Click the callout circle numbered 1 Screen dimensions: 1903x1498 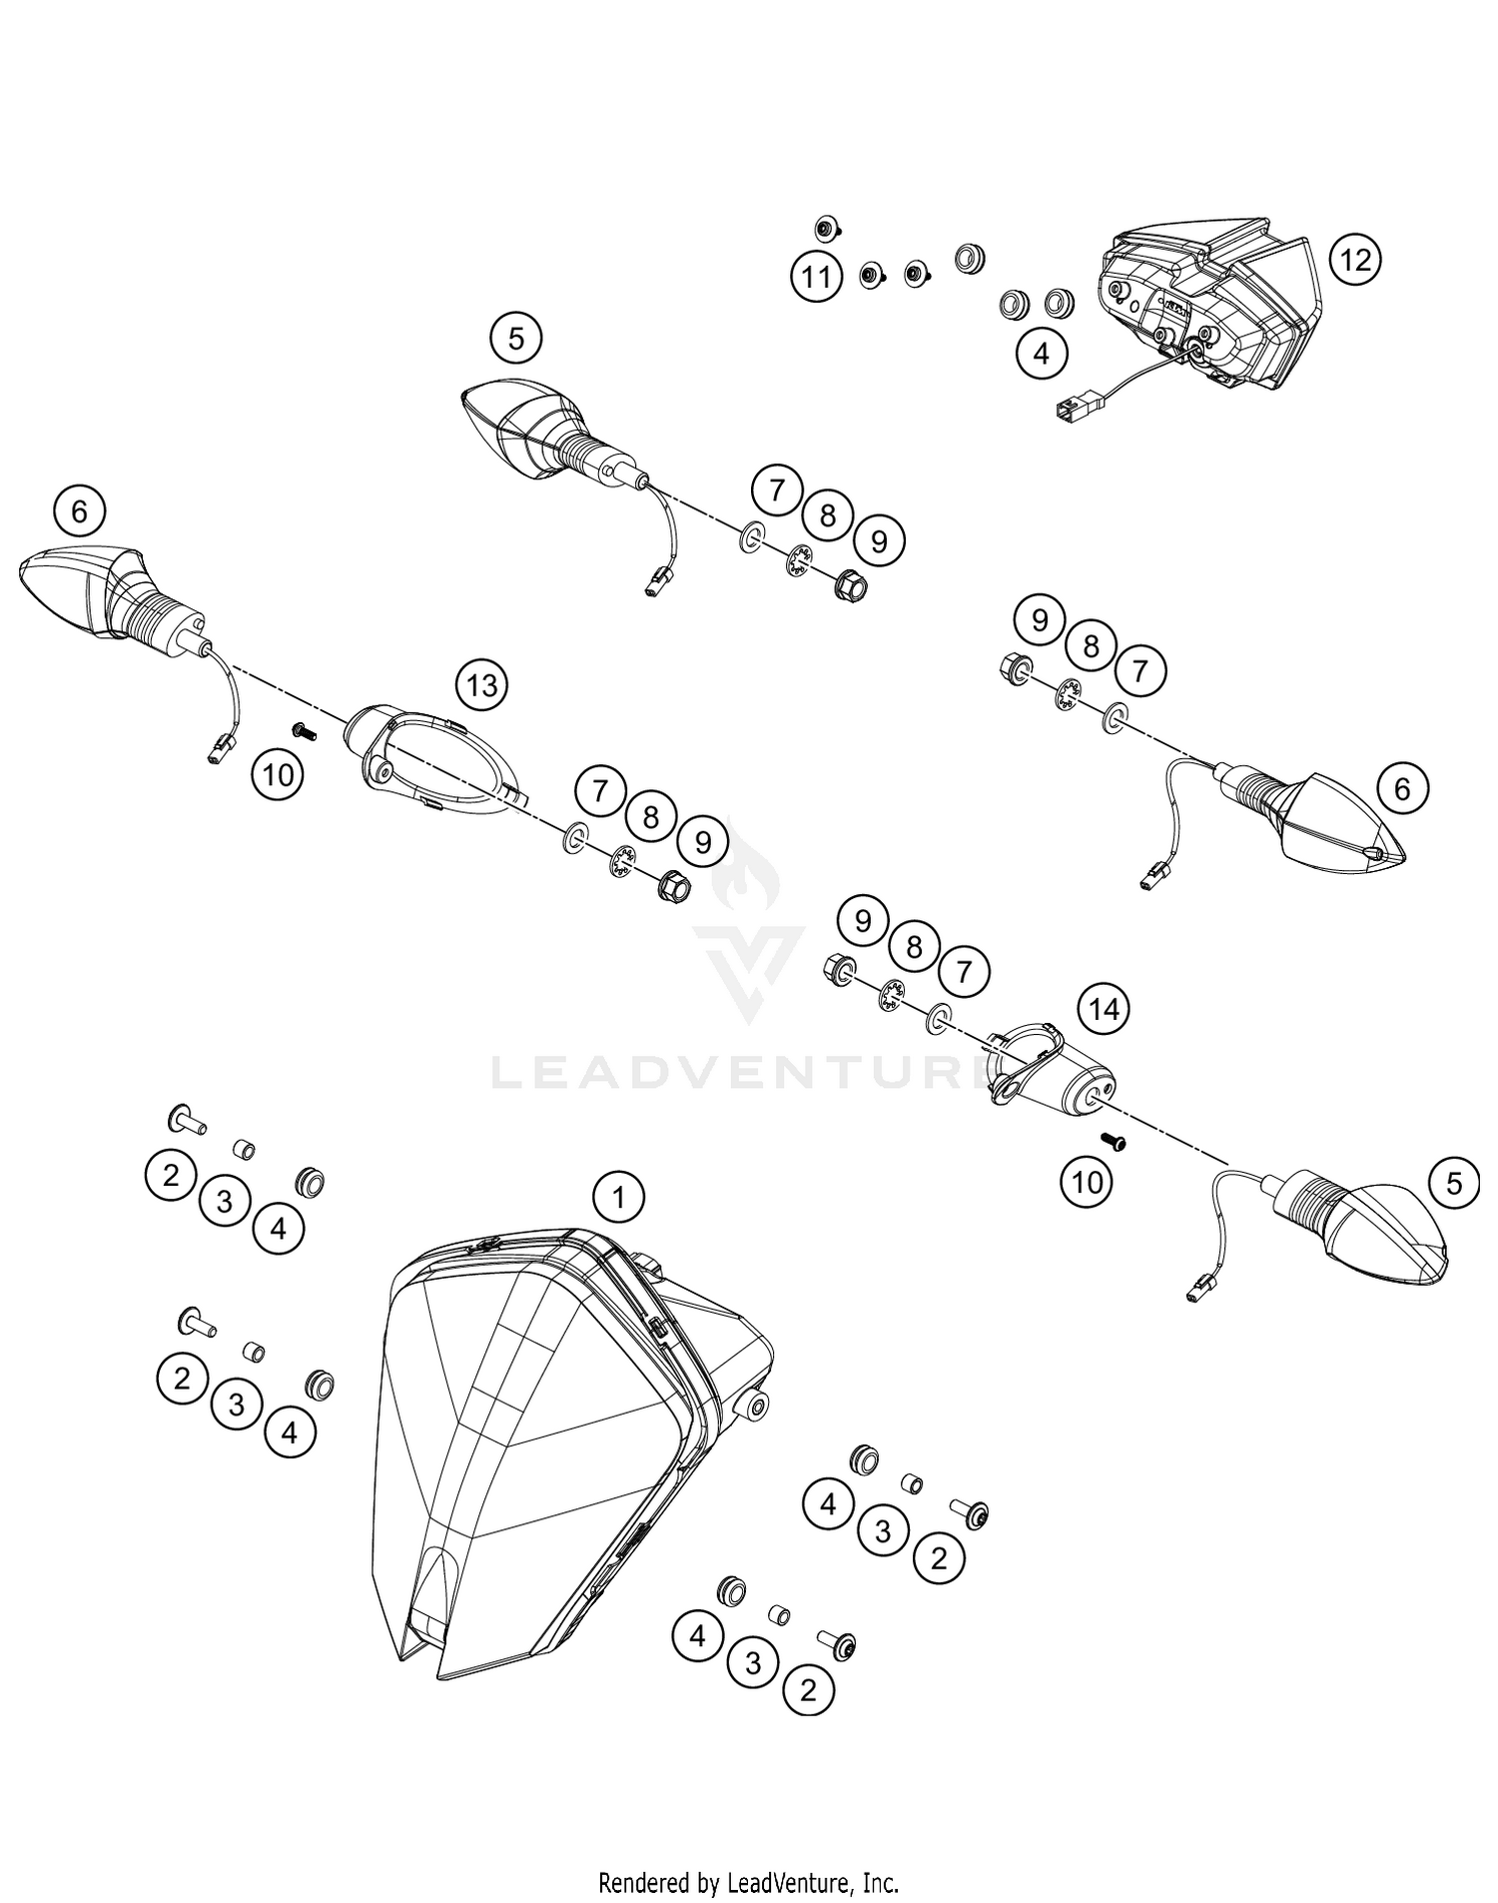pyautogui.click(x=618, y=1196)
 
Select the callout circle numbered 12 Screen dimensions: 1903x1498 pyautogui.click(x=1355, y=260)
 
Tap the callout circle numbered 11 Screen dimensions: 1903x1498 pyautogui.click(x=817, y=276)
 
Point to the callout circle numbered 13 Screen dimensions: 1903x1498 pyautogui.click(x=481, y=685)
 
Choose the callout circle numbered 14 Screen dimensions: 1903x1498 pyautogui.click(x=1104, y=1009)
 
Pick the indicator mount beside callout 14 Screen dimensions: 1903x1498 pyautogui.click(x=1049, y=1074)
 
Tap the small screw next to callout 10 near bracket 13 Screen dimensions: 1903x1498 pyautogui.click(x=303, y=732)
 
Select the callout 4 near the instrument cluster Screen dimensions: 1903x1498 pyautogui.click(x=1041, y=353)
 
